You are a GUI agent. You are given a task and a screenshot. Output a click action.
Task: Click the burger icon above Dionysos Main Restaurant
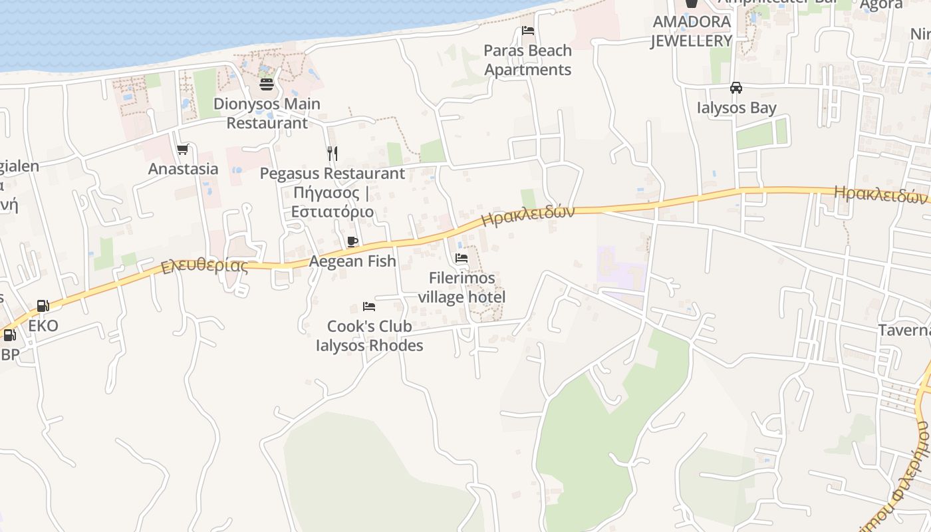(267, 84)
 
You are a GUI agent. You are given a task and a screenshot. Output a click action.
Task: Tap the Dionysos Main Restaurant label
(267, 113)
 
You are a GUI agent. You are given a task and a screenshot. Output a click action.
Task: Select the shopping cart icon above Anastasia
(183, 150)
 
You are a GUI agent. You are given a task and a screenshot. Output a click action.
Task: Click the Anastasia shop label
(183, 169)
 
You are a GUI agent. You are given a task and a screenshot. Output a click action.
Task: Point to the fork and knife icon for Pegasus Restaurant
(332, 154)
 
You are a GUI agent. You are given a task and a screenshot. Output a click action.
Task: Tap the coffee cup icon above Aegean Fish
(352, 241)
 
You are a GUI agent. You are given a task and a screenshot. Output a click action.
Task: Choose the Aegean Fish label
(352, 261)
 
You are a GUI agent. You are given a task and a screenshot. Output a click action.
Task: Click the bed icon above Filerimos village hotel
(462, 258)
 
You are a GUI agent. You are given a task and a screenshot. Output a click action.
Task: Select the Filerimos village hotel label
(462, 287)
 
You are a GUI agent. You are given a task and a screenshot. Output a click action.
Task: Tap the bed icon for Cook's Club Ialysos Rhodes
(369, 307)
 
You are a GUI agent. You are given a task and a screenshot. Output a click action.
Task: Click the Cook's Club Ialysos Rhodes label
(369, 336)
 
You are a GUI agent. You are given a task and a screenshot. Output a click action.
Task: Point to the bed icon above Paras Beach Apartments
(528, 31)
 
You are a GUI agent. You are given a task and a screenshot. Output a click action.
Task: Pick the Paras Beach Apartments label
(528, 60)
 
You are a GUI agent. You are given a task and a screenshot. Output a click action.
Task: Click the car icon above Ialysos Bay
(736, 88)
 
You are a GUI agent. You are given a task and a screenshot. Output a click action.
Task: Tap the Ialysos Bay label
(736, 108)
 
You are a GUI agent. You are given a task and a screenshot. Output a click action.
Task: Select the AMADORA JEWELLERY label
(691, 31)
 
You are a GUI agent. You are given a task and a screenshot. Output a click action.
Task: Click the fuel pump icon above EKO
(43, 306)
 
